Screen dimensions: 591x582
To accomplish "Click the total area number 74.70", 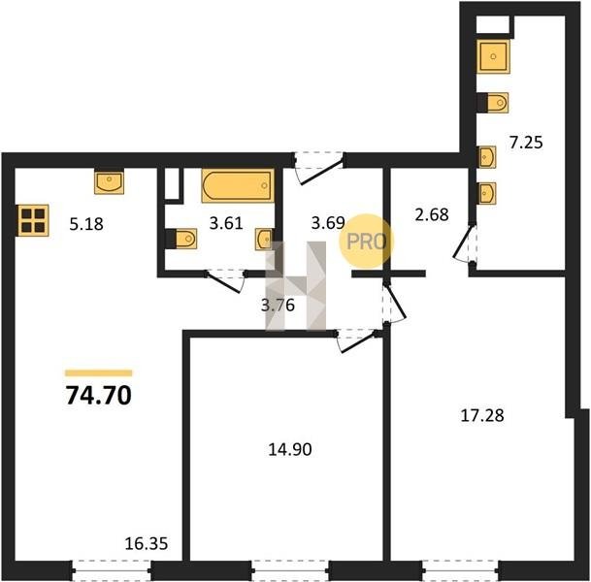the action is click(x=98, y=396).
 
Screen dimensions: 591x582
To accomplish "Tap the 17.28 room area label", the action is click(x=482, y=416).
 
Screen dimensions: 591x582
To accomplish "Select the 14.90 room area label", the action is click(x=290, y=449).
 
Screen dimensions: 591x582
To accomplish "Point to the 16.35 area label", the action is click(x=147, y=544).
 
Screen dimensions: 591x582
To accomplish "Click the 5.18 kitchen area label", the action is click(x=86, y=224).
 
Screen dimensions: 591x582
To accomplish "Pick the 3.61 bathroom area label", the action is click(x=226, y=223).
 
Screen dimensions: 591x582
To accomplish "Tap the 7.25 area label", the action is click(x=526, y=143).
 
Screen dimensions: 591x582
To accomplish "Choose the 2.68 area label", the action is click(x=432, y=214).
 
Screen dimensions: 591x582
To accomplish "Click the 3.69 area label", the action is click(x=328, y=223).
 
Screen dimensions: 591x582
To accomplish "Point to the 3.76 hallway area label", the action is click(x=278, y=305).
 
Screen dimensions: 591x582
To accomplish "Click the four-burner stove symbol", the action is click(x=33, y=220).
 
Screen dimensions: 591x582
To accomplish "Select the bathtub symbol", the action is click(x=238, y=185).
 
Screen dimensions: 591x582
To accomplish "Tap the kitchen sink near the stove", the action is click(x=109, y=182).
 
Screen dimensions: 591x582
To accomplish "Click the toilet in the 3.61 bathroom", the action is click(x=181, y=239).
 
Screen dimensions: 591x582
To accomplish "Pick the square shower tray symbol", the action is click(x=493, y=56).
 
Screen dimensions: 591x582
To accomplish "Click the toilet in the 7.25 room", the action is click(x=493, y=103).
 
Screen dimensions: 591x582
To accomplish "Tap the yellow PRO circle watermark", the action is click(x=367, y=242).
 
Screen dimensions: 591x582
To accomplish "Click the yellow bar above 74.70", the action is click(x=99, y=372).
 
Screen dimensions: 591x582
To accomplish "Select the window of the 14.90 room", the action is click(x=290, y=570).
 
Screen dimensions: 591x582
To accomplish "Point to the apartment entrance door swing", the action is click(x=319, y=169).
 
